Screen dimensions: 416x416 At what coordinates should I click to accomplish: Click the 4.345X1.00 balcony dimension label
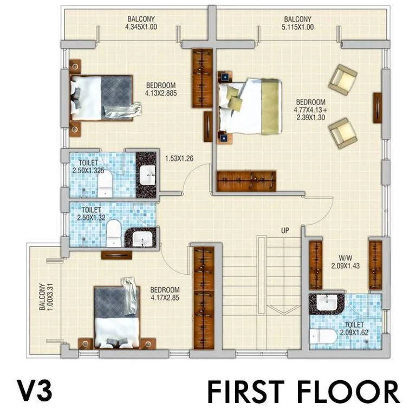click(141, 27)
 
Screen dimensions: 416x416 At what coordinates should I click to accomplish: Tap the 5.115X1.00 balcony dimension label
click(297, 27)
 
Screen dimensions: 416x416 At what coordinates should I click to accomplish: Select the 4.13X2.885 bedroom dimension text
click(161, 93)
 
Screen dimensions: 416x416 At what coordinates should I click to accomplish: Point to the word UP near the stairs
click(285, 231)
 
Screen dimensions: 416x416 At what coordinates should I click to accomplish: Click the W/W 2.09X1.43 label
click(346, 262)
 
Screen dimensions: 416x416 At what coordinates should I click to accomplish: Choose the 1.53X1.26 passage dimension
click(179, 159)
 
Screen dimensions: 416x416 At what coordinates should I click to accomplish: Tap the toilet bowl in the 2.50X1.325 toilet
click(105, 184)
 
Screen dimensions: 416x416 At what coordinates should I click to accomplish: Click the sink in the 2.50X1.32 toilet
click(142, 238)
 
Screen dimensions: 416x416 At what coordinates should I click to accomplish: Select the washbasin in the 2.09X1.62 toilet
click(327, 302)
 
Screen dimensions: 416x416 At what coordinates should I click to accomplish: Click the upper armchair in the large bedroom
click(343, 80)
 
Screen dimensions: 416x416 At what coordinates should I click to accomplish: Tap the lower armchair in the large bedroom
click(342, 133)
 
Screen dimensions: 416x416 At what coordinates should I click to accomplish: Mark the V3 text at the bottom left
click(35, 391)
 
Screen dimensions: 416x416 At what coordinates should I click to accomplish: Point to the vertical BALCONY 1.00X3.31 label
click(47, 297)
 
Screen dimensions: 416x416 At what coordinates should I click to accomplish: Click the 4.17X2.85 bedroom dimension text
click(165, 298)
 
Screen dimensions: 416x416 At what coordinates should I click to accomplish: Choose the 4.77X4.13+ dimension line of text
click(310, 110)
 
